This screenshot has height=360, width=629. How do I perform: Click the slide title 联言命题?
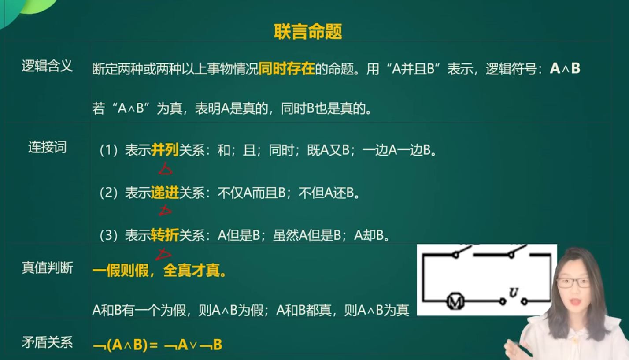click(x=308, y=31)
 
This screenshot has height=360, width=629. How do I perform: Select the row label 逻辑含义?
click(x=47, y=66)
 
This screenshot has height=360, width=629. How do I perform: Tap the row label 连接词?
click(x=47, y=147)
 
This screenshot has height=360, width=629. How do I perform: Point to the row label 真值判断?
click(x=47, y=267)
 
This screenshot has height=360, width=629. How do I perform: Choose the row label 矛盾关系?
click(x=47, y=342)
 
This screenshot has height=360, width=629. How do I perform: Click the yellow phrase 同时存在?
click(x=286, y=68)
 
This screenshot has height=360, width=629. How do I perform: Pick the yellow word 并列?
click(x=165, y=150)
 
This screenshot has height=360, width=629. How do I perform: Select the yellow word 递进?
click(x=165, y=193)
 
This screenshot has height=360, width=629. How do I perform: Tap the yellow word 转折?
click(x=165, y=235)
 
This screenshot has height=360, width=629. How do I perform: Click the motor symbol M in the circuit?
click(x=455, y=301)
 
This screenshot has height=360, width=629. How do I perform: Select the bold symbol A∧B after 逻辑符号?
click(x=565, y=68)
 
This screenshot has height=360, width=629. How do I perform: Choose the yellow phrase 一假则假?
click(x=120, y=271)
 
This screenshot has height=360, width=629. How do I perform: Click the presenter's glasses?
click(x=573, y=282)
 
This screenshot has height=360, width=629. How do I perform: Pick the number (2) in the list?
click(x=108, y=193)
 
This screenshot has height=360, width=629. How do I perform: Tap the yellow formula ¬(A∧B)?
click(x=120, y=345)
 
